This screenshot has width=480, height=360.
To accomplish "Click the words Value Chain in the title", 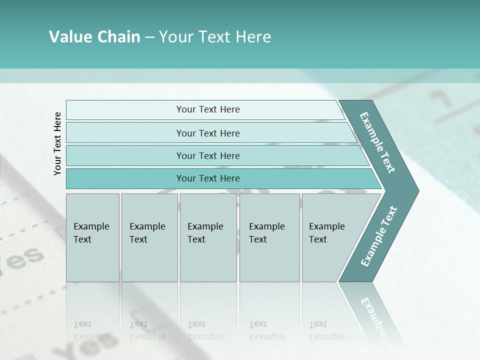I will pos(94,37).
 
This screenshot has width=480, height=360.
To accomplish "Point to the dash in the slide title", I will pos(149,37).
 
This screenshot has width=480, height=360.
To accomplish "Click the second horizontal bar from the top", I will pos(208,133).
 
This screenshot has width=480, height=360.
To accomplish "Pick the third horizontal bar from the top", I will pos(208,155).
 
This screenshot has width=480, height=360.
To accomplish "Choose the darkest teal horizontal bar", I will pos(208,178).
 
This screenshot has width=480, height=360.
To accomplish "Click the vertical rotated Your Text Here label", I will pos(57,143).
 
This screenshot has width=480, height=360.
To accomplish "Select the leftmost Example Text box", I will pos(92,237).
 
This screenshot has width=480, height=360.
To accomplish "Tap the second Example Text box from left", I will pos(149,237).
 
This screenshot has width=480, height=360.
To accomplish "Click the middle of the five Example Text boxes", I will pos(208,237).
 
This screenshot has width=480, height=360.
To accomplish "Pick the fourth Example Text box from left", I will pos(269,237).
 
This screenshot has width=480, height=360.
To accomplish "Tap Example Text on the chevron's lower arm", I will pos(379,236).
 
